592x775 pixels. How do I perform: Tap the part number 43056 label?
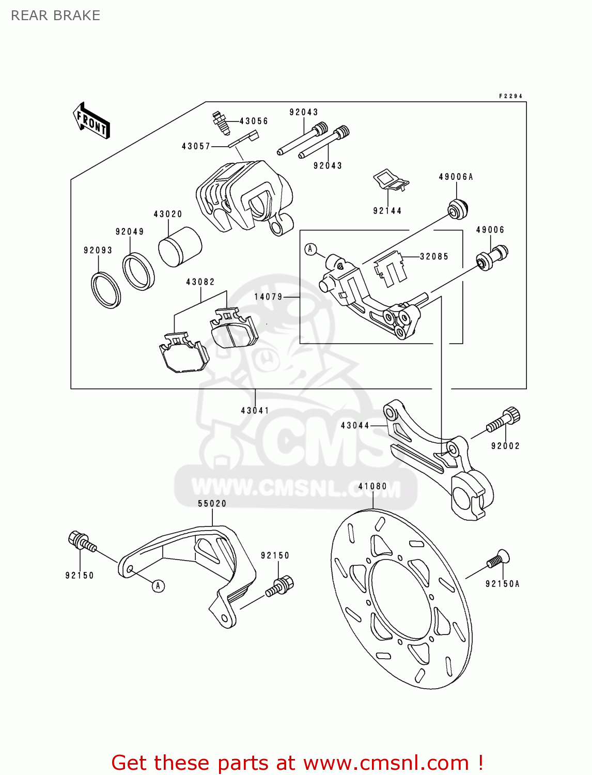pos(254,121)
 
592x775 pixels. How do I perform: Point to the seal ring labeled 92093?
pos(106,289)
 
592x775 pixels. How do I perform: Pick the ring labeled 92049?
pos(138,271)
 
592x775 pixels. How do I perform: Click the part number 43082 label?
pos(200,282)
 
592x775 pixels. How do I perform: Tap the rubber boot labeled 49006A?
pos(458,208)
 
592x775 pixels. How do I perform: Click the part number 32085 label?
pos(434,257)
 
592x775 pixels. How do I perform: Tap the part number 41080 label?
pos(372,487)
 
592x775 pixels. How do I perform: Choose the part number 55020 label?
pos(212,504)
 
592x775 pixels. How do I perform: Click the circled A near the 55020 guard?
pos(159,586)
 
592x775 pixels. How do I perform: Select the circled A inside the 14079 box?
pos(310,250)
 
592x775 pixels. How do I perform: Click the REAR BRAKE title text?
pos(55,16)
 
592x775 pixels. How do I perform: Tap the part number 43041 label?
pos(255,411)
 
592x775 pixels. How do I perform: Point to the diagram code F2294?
pos(510,96)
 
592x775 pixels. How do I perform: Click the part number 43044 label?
pos(355,426)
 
